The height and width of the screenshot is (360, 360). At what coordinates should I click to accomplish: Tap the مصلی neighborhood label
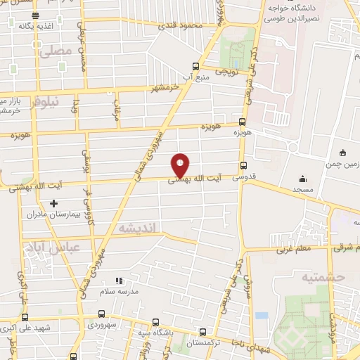pyautogui.click(x=56, y=51)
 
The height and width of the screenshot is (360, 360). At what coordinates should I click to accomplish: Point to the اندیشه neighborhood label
pyautogui.click(x=141, y=227)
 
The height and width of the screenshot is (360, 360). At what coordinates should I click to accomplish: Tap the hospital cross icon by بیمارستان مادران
pyautogui.click(x=53, y=202)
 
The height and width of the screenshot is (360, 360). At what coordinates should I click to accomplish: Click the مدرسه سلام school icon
pyautogui.click(x=119, y=281)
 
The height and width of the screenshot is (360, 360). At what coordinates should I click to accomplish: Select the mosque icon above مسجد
pyautogui.click(x=303, y=179)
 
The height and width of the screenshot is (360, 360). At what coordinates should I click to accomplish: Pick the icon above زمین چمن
pyautogui.click(x=342, y=153)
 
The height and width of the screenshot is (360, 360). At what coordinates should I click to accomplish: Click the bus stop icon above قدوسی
pyautogui.click(x=244, y=166)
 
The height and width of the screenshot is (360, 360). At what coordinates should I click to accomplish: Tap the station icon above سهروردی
pyautogui.click(x=102, y=314)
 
